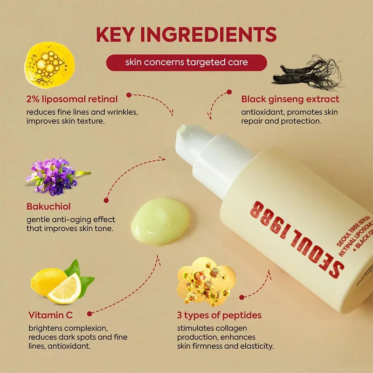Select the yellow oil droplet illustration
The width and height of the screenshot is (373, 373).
point(48,64)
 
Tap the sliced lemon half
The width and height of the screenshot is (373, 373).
point(65,289)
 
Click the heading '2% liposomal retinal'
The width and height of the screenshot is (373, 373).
point(72,99)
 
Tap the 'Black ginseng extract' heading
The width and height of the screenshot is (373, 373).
point(290,99)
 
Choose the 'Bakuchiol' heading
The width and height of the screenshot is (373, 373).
point(49,206)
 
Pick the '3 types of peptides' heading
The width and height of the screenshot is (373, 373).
point(219,315)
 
